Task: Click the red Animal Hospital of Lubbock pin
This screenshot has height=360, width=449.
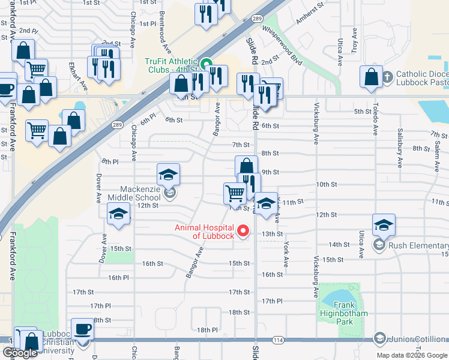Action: coord(243,230)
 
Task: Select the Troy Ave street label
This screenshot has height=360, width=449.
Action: coord(354,40)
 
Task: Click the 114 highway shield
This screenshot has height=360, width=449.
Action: coord(277,340)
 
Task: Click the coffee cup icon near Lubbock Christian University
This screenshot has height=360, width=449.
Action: coord(83,329)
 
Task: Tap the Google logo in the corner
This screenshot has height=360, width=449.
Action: coord(20,353)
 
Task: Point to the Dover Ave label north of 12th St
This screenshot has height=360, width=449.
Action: coord(98,188)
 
